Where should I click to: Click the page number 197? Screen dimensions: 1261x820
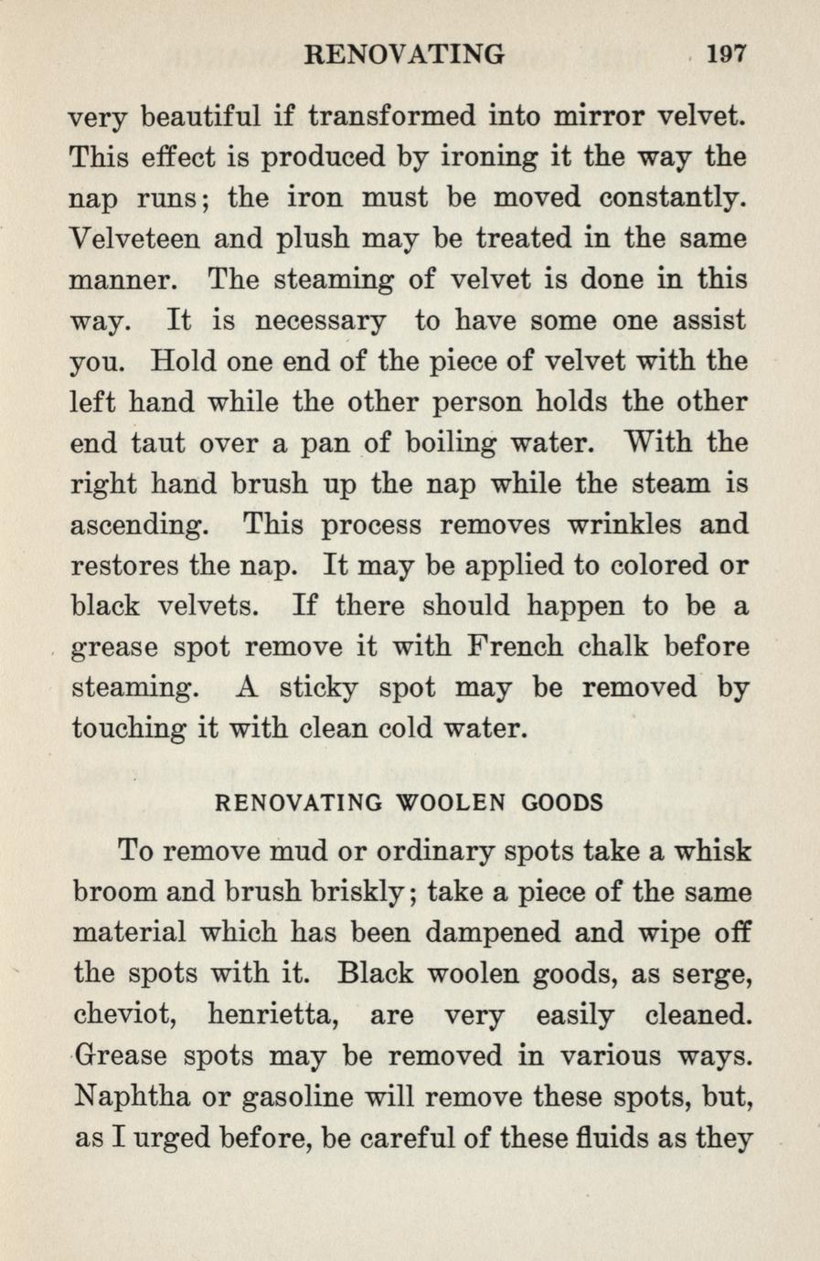tap(728, 54)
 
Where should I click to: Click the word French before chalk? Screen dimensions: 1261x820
tap(514, 647)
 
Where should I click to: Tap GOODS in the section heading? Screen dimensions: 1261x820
tap(562, 803)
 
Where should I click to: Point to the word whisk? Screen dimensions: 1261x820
tap(713, 851)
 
